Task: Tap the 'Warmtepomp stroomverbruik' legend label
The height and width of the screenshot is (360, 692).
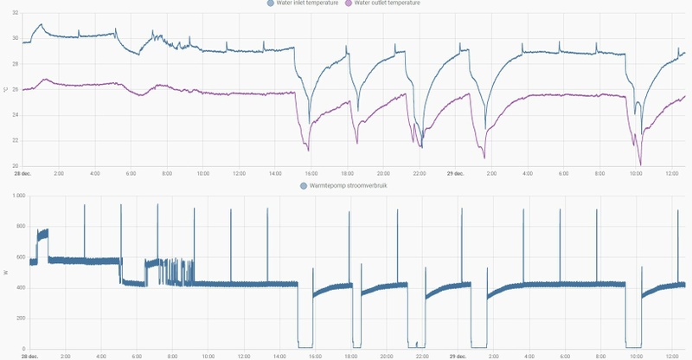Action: pyautogui.click(x=349, y=185)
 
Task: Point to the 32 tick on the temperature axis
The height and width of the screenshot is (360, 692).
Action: pyautogui.click(x=15, y=13)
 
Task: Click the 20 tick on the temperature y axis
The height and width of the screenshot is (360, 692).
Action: pyautogui.click(x=15, y=165)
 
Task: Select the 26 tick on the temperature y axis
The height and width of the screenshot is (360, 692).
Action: pyautogui.click(x=15, y=89)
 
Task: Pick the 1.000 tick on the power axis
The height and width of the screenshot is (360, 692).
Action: pyautogui.click(x=12, y=196)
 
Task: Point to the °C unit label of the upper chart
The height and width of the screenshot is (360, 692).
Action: pyautogui.click(x=4, y=89)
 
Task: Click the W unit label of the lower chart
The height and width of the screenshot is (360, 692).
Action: pyautogui.click(x=4, y=273)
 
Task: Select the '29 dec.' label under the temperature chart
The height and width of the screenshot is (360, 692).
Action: pyautogui.click(x=456, y=174)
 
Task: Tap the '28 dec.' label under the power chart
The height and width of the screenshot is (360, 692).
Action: pyautogui.click(x=29, y=356)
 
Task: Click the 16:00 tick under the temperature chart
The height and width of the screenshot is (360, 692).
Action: pyautogui.click(x=311, y=174)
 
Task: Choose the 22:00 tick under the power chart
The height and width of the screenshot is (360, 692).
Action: pyautogui.click(x=420, y=356)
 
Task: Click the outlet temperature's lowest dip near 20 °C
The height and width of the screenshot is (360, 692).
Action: pyautogui.click(x=640, y=164)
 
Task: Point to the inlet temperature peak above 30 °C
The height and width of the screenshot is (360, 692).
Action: pyautogui.click(x=39, y=25)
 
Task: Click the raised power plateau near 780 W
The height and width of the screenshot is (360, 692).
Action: pyautogui.click(x=42, y=234)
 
